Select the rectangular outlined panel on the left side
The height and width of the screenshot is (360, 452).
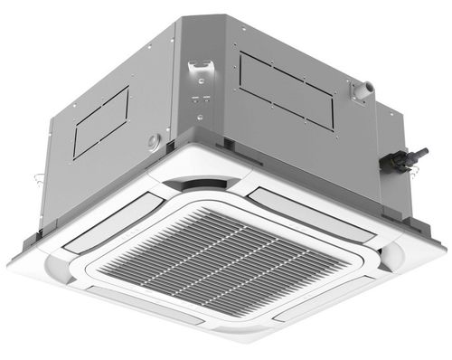pos(102,128)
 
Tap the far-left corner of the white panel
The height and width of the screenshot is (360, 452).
pos(11,262)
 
